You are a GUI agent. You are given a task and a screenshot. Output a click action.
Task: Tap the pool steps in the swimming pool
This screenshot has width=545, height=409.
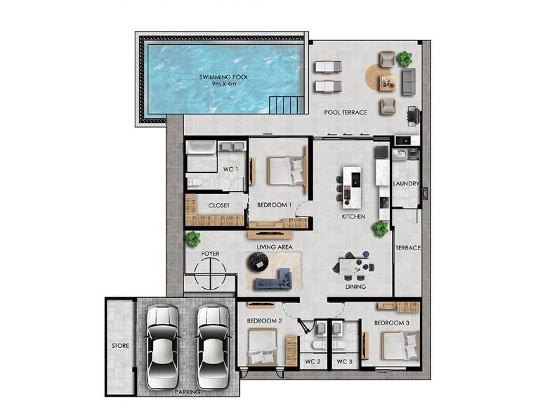click(x=287, y=105)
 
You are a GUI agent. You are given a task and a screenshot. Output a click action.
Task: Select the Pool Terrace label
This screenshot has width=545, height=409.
click(x=346, y=112)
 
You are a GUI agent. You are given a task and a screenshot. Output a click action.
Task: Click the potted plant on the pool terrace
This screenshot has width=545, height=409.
click(x=405, y=59)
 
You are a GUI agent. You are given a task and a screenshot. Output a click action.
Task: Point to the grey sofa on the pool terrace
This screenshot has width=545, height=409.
click(x=409, y=82)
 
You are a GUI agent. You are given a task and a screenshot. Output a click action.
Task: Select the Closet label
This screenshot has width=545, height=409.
click(x=219, y=205)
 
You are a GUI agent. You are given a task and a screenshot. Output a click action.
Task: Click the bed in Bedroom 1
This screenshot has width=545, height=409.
click(x=286, y=170)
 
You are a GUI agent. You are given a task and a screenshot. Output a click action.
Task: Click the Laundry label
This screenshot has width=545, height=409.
click(x=406, y=183)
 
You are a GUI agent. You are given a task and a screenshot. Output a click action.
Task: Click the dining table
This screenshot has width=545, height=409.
click(x=354, y=266)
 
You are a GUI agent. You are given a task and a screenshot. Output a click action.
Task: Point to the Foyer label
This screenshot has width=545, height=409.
click(x=210, y=254)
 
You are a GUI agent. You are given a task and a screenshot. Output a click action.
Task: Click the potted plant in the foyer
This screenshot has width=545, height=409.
click(x=193, y=239)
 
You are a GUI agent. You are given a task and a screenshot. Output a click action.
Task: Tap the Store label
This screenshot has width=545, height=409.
click(x=120, y=346)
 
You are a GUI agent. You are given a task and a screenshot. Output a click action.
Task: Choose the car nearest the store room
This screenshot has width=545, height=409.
click(x=162, y=346)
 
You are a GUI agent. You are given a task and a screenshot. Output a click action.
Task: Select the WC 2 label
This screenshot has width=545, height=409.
click(x=313, y=362)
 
